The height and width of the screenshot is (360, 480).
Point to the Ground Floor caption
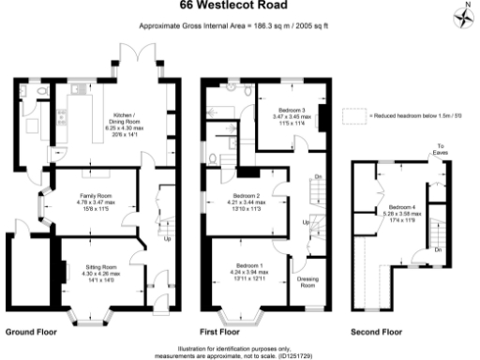[x=32, y=332]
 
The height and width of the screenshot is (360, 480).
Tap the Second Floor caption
[x=374, y=332]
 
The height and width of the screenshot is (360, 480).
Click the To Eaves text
[x=440, y=148]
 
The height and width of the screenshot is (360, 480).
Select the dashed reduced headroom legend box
[x=352, y=115]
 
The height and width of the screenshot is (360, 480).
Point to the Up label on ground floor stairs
[x=168, y=238]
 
